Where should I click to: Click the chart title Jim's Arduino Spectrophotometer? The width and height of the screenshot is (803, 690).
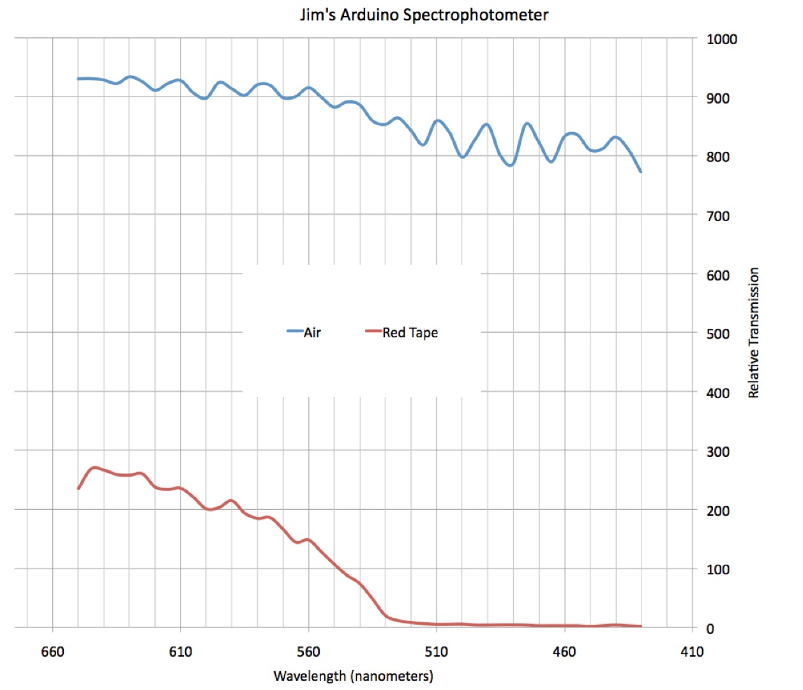(424, 15)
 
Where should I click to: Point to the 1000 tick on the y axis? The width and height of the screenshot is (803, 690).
(721, 39)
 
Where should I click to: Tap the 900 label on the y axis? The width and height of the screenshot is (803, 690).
(717, 98)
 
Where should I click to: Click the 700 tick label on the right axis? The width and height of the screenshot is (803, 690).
(717, 216)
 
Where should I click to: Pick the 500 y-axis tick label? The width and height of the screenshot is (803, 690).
(717, 333)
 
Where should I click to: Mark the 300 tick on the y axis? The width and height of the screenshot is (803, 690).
(717, 452)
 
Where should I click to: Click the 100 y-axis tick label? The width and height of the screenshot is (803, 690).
(717, 569)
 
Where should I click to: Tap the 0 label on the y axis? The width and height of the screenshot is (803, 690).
(710, 629)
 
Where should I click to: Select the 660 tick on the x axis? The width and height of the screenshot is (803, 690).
(52, 652)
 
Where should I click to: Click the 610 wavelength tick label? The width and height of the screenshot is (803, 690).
(180, 652)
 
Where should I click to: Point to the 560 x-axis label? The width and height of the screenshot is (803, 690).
(308, 652)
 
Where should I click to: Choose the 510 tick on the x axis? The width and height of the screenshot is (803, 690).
(437, 652)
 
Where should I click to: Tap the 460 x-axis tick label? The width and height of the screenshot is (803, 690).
(564, 652)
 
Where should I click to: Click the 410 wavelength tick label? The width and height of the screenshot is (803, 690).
(692, 652)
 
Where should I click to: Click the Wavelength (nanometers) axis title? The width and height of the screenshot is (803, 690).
(353, 676)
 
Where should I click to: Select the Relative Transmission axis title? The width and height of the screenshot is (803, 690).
(754, 332)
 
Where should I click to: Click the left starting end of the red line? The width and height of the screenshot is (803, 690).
(79, 488)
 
